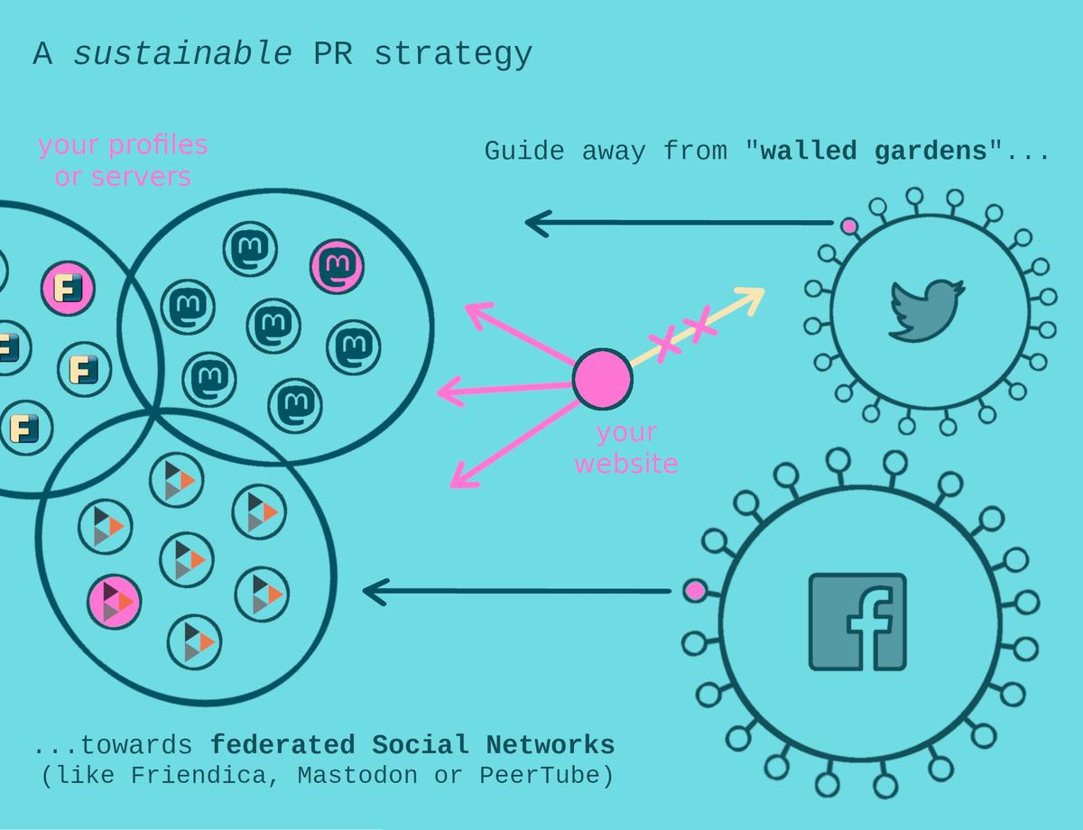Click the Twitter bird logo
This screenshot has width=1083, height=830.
tap(927, 310)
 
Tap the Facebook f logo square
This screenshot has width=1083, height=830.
tap(857, 622)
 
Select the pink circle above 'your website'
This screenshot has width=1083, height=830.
tap(603, 379)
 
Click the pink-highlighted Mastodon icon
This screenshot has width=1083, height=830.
tap(337, 266)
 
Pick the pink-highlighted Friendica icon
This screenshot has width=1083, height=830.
tap(68, 289)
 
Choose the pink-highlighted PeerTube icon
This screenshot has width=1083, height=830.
tap(114, 602)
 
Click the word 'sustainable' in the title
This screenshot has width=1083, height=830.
tap(182, 54)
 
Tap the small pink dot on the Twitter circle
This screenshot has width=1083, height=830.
tap(849, 226)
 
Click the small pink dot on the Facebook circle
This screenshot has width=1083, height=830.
tap(695, 591)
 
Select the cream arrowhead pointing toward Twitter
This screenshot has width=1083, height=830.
tap(751, 299)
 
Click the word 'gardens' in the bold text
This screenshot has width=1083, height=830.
tap(930, 151)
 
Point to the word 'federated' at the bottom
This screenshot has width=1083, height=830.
tap(282, 745)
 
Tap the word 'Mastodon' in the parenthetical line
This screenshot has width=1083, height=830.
tap(357, 775)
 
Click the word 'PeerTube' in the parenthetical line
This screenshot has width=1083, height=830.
tap(540, 775)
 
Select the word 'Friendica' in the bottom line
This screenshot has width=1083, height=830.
tap(199, 776)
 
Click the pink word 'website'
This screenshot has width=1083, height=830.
tap(626, 464)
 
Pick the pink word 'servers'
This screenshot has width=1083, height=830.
tap(142, 177)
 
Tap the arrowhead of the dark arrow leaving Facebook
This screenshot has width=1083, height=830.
tap(375, 592)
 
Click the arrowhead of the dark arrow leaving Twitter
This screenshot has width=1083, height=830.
tap(538, 223)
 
